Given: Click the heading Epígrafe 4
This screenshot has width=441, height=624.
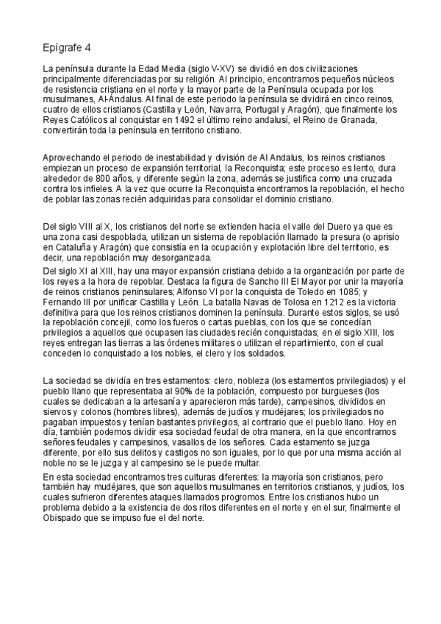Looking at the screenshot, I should [67, 49].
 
